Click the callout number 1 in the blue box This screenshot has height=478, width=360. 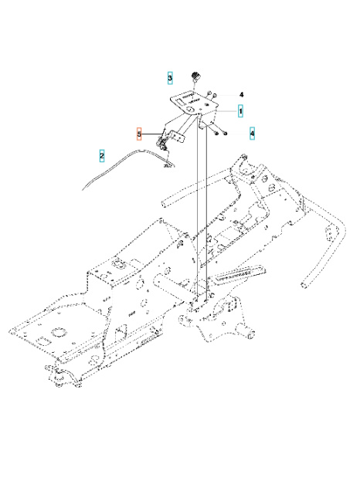point(241,111)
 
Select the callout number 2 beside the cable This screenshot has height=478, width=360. point(102,156)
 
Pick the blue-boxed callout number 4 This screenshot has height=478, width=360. point(252,133)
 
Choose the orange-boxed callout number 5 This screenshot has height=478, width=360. point(140,134)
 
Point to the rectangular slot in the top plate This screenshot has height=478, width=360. point(188,98)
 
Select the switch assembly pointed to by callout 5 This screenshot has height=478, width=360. point(164,142)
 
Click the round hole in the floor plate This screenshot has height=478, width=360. point(53,337)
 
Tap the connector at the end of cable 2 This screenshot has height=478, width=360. point(167,163)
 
